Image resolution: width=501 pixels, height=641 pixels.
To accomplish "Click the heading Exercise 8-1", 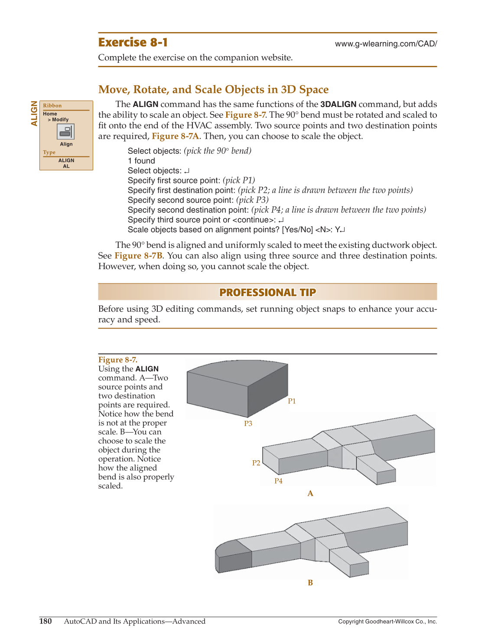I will pyautogui.click(x=133, y=42).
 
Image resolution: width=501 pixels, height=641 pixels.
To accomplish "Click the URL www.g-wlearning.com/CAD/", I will pyautogui.click(x=386, y=44).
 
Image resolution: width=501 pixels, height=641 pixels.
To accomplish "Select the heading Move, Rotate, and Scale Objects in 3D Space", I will pyautogui.click(x=213, y=89).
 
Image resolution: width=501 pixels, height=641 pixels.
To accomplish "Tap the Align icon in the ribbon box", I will pyautogui.click(x=66, y=132).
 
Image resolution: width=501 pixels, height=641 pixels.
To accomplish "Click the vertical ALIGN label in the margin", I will pyautogui.click(x=34, y=114).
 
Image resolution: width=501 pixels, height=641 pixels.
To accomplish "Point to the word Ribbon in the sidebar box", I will pyautogui.click(x=52, y=106).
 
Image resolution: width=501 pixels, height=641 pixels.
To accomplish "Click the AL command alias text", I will pyautogui.click(x=66, y=166).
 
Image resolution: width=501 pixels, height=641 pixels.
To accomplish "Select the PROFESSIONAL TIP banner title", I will pyautogui.click(x=267, y=293).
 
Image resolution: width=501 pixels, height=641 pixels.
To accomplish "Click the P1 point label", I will pyautogui.click(x=292, y=401).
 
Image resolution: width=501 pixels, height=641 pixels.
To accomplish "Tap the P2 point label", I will pyautogui.click(x=256, y=463).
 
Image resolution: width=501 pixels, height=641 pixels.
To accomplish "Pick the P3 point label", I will pyautogui.click(x=248, y=423).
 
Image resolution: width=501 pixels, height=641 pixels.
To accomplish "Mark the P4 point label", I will pyautogui.click(x=278, y=481).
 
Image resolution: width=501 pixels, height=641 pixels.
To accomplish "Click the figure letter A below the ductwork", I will pyautogui.click(x=310, y=493).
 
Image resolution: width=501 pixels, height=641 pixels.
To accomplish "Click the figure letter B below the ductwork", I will pyautogui.click(x=310, y=583).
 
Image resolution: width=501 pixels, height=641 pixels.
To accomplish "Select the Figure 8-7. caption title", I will pyautogui.click(x=118, y=360).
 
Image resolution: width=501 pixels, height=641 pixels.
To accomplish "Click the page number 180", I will pyautogui.click(x=46, y=621).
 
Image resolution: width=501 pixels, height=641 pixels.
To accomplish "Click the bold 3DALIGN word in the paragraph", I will pyautogui.click(x=338, y=104).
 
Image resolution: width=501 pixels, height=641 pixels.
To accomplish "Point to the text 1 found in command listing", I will pyautogui.click(x=141, y=161).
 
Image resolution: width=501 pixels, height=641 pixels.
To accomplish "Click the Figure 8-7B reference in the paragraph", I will pyautogui.click(x=138, y=256).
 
